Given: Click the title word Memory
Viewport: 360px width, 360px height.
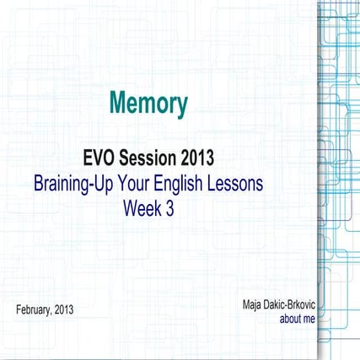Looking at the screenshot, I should click(148, 104).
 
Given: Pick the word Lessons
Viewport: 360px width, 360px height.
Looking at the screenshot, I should click(239, 183).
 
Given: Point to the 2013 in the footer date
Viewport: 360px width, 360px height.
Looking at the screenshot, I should click(63, 310).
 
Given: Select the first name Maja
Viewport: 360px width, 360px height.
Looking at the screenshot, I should click(251, 303).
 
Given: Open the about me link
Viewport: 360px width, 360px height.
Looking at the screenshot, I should click(296, 320).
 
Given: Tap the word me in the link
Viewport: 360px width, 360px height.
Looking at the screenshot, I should click(309, 320).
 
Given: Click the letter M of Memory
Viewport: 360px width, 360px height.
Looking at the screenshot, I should click(117, 104).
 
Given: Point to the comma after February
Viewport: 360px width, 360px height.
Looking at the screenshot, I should click(51, 313).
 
